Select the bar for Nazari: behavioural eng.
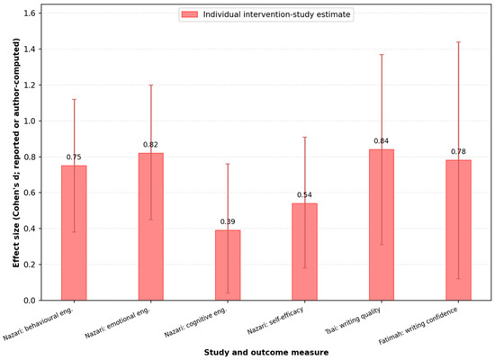click(74, 233)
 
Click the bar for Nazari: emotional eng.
click(151, 227)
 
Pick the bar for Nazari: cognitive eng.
click(228, 265)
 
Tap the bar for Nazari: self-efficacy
click(304, 252)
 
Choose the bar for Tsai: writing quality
click(382, 225)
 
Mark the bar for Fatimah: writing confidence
click(458, 230)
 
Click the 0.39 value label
click(228, 221)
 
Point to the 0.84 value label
click(382, 140)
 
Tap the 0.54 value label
click(304, 194)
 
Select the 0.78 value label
click(458, 151)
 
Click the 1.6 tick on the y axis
click(30, 13)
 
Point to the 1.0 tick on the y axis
click(30, 121)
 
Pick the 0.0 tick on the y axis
click(30, 301)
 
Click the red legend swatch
click(190, 14)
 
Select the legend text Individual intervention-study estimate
click(276, 14)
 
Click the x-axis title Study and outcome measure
click(266, 353)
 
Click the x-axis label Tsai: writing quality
click(353, 320)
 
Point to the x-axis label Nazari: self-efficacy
click(275, 320)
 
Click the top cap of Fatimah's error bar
click(458, 42)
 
